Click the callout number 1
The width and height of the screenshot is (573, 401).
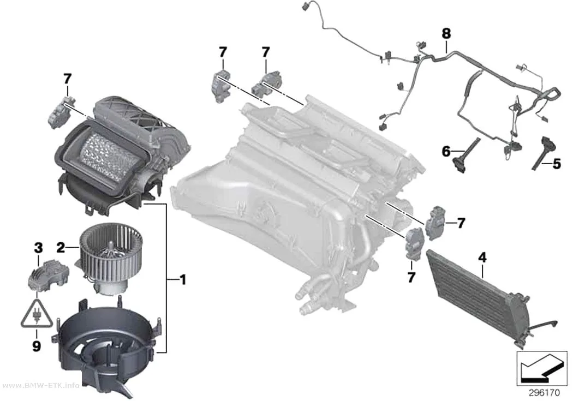[x=182, y=280]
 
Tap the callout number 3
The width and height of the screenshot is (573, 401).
[x=38, y=248]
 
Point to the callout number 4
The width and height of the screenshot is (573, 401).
[x=482, y=258]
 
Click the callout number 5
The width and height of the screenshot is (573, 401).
[x=556, y=164]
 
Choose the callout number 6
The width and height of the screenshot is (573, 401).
[x=446, y=151]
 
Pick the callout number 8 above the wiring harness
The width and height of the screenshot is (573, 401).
[x=446, y=34]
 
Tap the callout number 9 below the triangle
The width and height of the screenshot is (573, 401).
[x=37, y=346]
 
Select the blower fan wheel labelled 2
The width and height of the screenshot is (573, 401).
[x=111, y=256]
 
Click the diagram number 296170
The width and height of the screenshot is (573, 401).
[x=544, y=393]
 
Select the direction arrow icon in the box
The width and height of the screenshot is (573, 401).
[x=542, y=368]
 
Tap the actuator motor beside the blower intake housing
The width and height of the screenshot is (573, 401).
[x=61, y=111]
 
